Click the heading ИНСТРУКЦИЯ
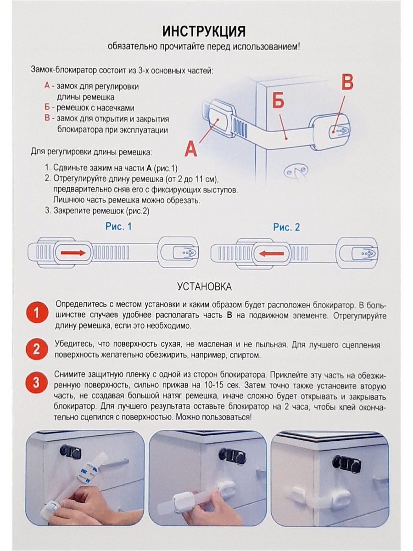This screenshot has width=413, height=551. (x=204, y=31)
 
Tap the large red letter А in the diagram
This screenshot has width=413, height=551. (x=191, y=149)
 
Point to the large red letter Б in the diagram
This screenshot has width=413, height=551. (x=279, y=102)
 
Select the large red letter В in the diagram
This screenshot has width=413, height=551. (x=347, y=84)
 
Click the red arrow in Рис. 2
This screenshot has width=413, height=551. (x=271, y=253)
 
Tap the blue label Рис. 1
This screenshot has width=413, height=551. (x=118, y=227)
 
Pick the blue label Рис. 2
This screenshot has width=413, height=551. (x=286, y=227)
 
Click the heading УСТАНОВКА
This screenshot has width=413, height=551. (x=204, y=287)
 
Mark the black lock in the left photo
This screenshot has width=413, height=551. (x=70, y=451)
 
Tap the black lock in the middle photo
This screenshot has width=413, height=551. (x=232, y=455)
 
